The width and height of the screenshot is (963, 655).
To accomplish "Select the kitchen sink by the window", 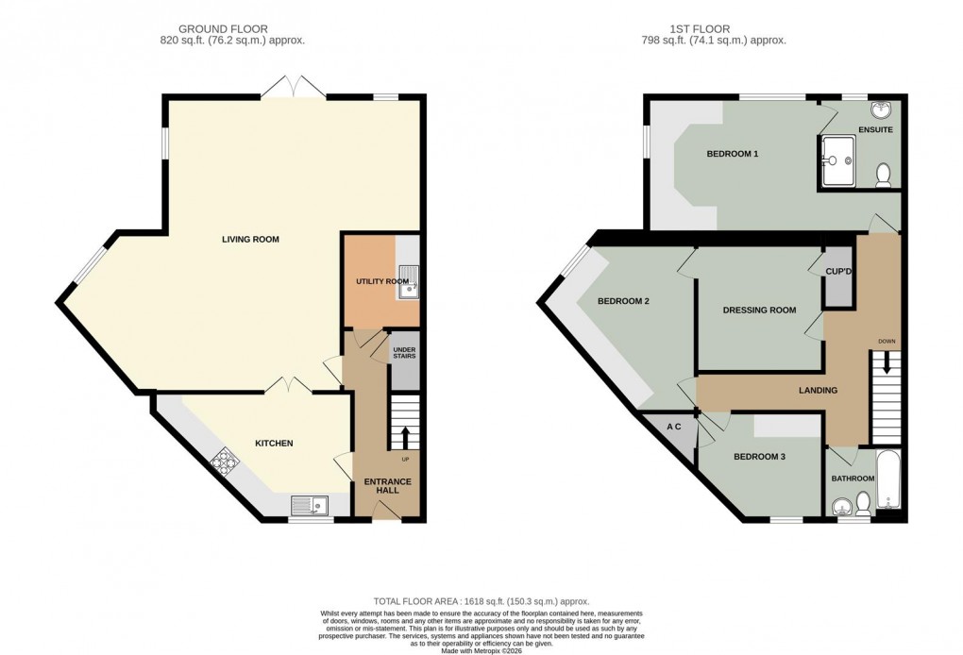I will tap(309, 506).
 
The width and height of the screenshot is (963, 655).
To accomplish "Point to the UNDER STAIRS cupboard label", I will tap(404, 354).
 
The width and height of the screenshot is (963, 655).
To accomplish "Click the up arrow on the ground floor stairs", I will tap(405, 437).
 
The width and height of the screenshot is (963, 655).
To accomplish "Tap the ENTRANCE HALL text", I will tap(388, 486).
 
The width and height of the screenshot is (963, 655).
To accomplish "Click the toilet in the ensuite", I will tap(884, 174).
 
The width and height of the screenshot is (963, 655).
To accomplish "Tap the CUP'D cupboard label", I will tap(838, 271).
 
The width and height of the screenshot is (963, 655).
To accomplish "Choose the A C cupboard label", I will tap(674, 427).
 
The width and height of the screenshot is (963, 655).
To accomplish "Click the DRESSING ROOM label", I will tap(759, 311).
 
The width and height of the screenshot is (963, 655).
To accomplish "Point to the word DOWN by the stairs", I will tap(886, 342).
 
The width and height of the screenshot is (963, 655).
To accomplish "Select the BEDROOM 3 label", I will tap(760, 457).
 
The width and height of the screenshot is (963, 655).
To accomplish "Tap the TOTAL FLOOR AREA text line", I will tap(481, 600).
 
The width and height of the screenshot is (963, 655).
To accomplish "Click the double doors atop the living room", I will tap(294, 88).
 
